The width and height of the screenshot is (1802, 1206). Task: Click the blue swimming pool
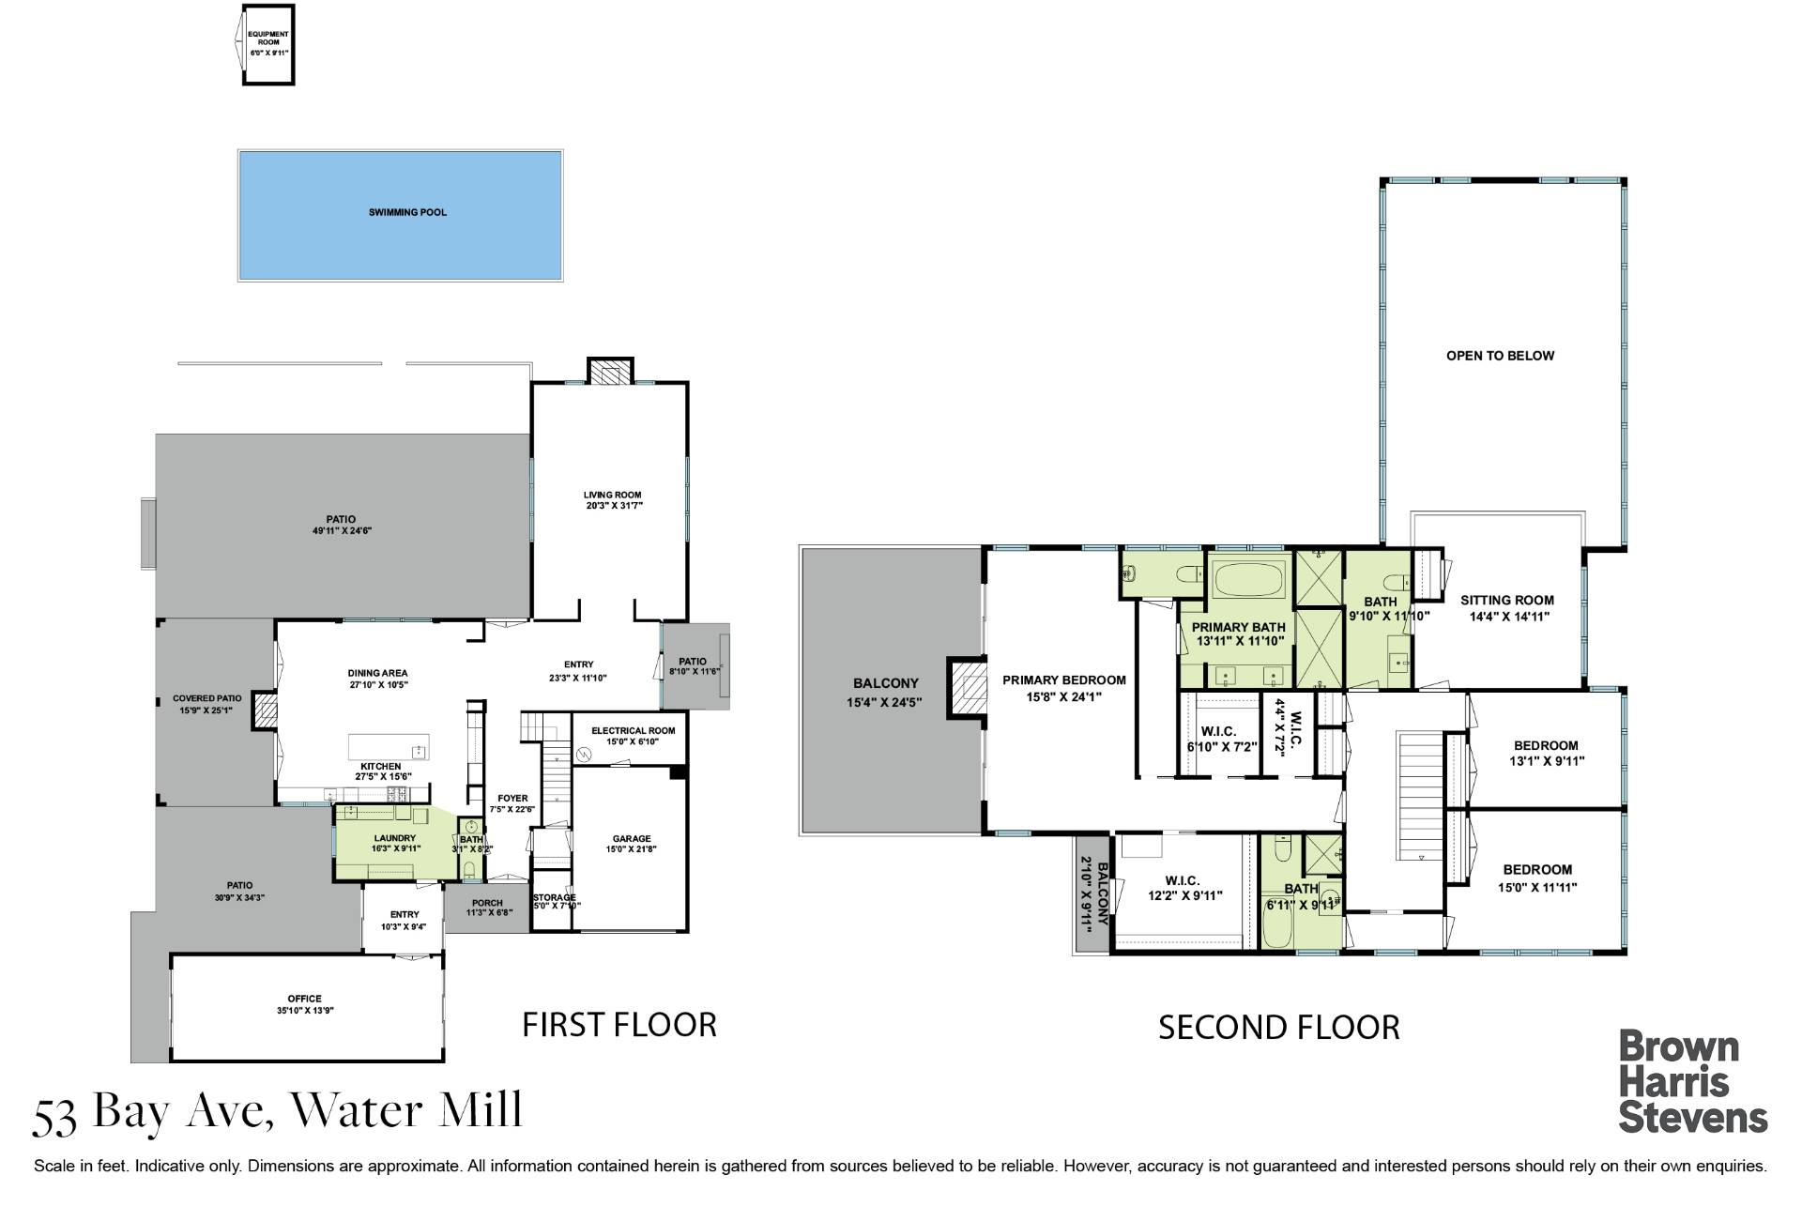click(x=400, y=215)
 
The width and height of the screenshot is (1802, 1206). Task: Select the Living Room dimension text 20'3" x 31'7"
click(x=614, y=506)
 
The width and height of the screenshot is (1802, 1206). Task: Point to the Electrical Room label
click(x=633, y=730)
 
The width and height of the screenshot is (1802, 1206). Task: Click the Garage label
click(x=632, y=839)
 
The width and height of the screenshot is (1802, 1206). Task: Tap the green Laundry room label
click(x=395, y=838)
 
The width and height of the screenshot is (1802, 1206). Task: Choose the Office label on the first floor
click(x=305, y=999)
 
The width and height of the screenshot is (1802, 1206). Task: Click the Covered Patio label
click(x=207, y=698)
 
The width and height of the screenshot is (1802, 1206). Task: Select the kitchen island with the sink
click(x=389, y=747)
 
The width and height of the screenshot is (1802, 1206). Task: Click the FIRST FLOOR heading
click(x=619, y=1025)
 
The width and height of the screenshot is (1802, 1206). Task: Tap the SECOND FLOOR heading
click(x=1279, y=1028)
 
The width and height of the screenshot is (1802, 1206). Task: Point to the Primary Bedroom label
click(x=1064, y=680)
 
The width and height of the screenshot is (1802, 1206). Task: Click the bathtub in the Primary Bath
click(x=1250, y=580)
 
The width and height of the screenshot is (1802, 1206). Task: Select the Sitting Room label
click(x=1507, y=601)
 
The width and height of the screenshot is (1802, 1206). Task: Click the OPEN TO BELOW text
click(x=1500, y=356)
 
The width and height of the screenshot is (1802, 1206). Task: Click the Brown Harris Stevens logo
click(x=1693, y=1081)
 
